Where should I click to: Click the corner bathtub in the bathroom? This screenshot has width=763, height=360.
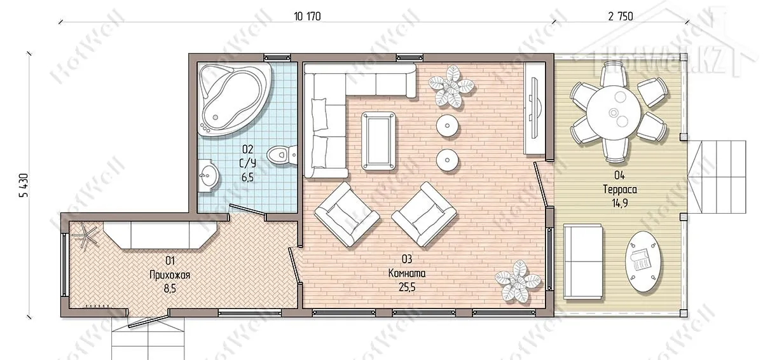pos(235,99)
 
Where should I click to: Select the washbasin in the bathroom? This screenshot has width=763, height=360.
pos(207,176)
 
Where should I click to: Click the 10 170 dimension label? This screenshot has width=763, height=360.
pos(307,17)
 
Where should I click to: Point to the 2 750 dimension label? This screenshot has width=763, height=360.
pos(621,17)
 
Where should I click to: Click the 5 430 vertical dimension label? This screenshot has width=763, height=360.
pos(25,186)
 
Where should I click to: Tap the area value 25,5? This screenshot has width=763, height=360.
pos(407,287)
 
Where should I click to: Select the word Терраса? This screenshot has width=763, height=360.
pos(620,190)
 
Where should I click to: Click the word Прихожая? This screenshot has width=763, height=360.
pos(170,275)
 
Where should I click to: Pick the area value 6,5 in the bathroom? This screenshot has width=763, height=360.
pos(247,177)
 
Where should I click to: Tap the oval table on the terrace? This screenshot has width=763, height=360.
pos(643,261)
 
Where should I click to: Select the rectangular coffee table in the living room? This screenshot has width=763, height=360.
pos(379,141)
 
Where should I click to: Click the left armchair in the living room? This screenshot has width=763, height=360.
pos(347,214)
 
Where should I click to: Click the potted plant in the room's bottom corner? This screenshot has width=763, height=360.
pos(518,282)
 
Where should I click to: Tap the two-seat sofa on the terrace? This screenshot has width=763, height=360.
pos(583,261)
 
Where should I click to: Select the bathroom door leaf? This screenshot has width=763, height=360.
pos(247,209)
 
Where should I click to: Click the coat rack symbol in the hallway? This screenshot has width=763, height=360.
pos(86,235)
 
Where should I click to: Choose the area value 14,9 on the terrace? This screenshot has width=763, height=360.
pos(619,204)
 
